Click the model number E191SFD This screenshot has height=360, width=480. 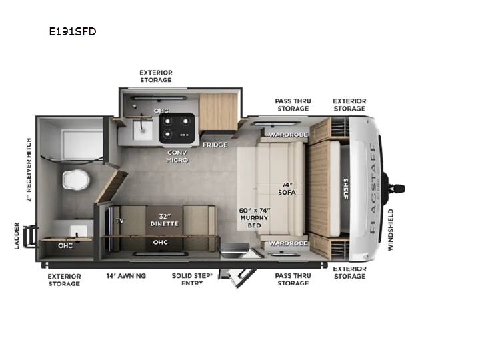[73, 31]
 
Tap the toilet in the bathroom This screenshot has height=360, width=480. [76, 180]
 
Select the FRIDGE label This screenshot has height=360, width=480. [215, 145]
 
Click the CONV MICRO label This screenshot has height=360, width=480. [177, 156]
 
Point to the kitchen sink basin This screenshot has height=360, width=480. [143, 130]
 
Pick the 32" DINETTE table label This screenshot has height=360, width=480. [165, 220]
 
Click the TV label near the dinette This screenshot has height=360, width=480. [120, 221]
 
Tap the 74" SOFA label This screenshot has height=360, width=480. [287, 189]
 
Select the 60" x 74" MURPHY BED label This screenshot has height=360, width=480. [255, 218]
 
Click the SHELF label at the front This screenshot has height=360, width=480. [345, 189]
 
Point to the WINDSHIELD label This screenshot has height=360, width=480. [390, 230]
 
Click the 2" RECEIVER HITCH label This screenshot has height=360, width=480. [29, 169]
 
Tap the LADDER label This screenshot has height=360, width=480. [17, 236]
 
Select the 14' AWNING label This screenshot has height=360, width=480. [126, 276]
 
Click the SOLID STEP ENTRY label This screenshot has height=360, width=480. [192, 279]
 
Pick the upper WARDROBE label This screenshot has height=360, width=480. [288, 135]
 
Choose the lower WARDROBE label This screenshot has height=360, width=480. [288, 243]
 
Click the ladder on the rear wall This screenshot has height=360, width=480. [31, 236]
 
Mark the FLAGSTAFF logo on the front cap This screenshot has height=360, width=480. [373, 189]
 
